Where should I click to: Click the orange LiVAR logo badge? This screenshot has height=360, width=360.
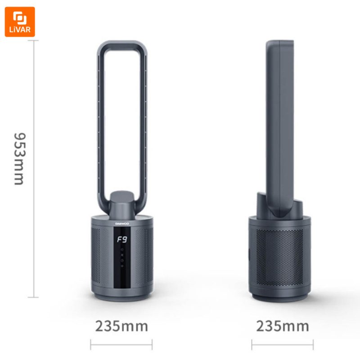pyautogui.click(x=20, y=22)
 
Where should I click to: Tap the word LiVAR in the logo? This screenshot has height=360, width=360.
pyautogui.click(x=20, y=30)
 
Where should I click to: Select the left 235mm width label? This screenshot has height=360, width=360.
pyautogui.click(x=121, y=326)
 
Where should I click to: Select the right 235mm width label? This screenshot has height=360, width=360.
pyautogui.click(x=283, y=326)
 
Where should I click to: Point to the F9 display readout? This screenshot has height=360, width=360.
pyautogui.click(x=122, y=239)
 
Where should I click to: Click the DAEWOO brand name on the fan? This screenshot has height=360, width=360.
pyautogui.click(x=122, y=223)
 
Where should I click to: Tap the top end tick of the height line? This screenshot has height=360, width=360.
pyautogui.click(x=33, y=40)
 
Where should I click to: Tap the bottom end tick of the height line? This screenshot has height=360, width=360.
pyautogui.click(x=33, y=297)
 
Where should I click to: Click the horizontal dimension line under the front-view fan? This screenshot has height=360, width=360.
pyautogui.click(x=121, y=344)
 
